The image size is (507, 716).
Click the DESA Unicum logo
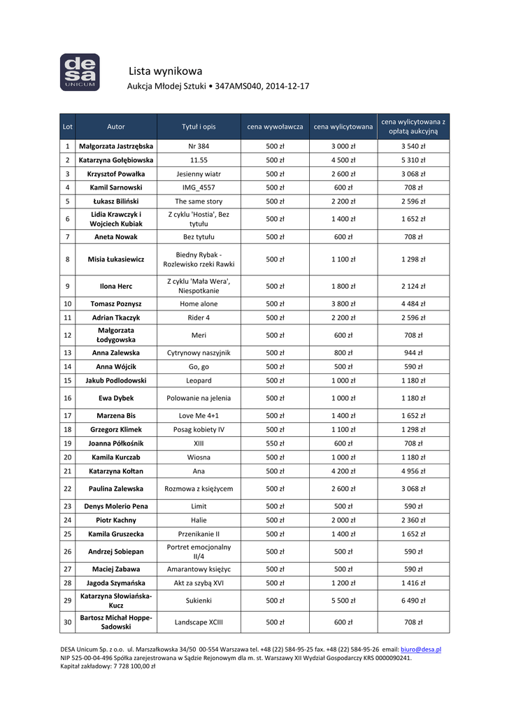coord(79,72)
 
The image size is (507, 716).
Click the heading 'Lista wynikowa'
coord(166,71)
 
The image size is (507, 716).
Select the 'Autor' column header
coord(116,127)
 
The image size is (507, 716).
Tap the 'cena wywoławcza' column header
coord(275,127)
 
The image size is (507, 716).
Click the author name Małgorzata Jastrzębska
coord(116,146)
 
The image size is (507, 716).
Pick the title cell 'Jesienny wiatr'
coord(199,174)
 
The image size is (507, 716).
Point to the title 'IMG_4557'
coord(199,187)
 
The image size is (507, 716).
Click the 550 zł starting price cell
coord(275,443)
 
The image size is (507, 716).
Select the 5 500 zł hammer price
coord(343,601)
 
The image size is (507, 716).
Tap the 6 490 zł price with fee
coord(413,601)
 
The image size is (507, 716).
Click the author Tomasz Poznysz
coord(116,304)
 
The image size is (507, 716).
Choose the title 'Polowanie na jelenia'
coord(199,398)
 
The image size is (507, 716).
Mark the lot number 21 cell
coord(67,471)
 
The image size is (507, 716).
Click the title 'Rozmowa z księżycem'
coord(199,489)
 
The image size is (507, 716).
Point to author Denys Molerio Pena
coord(116,506)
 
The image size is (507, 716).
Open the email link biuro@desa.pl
coord(421,650)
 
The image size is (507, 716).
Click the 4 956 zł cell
coord(413,471)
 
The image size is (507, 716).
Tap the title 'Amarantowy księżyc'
coord(199,569)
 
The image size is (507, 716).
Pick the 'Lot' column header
coord(67,127)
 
